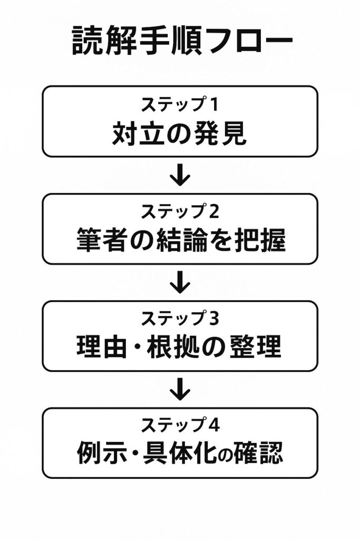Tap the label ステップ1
pos(179,104)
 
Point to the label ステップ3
pos(179,319)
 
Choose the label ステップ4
pos(179,426)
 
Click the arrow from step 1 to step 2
pos(180,175)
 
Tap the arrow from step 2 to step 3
pos(180,282)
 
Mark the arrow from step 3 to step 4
pos(180,389)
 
